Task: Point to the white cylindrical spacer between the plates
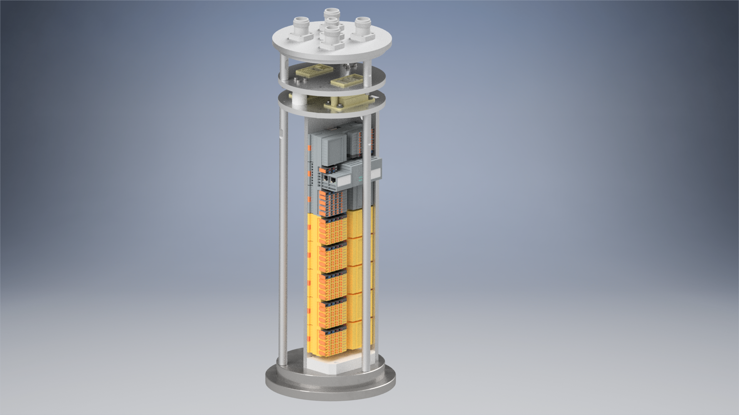pyautogui.click(x=298, y=101)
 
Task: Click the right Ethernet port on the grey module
pyautogui.click(x=333, y=179)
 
